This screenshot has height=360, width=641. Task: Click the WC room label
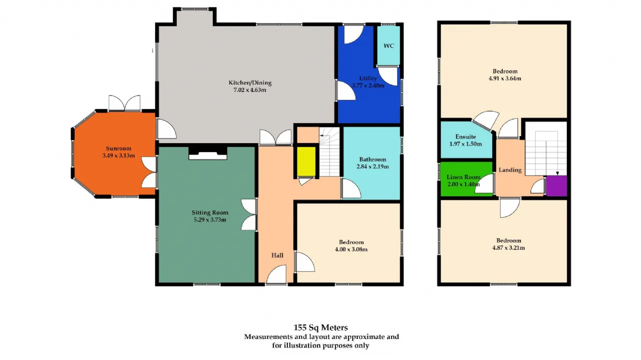coord(389,46)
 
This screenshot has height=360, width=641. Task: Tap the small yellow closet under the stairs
coord(306,162)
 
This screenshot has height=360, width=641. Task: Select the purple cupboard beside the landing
coord(556,186)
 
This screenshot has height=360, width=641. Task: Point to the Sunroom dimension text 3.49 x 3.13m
coord(119,156)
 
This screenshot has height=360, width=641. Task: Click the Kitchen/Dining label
coord(250,83)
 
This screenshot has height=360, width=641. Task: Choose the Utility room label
coord(368,78)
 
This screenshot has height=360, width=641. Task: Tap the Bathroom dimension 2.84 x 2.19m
coord(373,167)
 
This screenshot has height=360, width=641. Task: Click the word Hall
coord(277,255)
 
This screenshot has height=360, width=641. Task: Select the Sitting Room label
coord(210,213)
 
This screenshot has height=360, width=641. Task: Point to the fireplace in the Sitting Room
coord(208,153)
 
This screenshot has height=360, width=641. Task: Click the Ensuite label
coord(466,137)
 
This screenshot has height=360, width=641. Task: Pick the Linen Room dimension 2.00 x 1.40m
coord(464,184)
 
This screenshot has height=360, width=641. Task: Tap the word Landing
coord(510,170)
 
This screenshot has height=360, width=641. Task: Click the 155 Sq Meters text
coord(320,327)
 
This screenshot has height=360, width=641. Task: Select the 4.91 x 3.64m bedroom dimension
coord(505,79)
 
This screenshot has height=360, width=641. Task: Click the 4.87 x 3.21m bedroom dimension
coord(508,248)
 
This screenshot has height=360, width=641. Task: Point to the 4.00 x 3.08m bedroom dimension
coord(351,249)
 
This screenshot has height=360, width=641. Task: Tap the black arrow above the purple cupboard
coord(557,173)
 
